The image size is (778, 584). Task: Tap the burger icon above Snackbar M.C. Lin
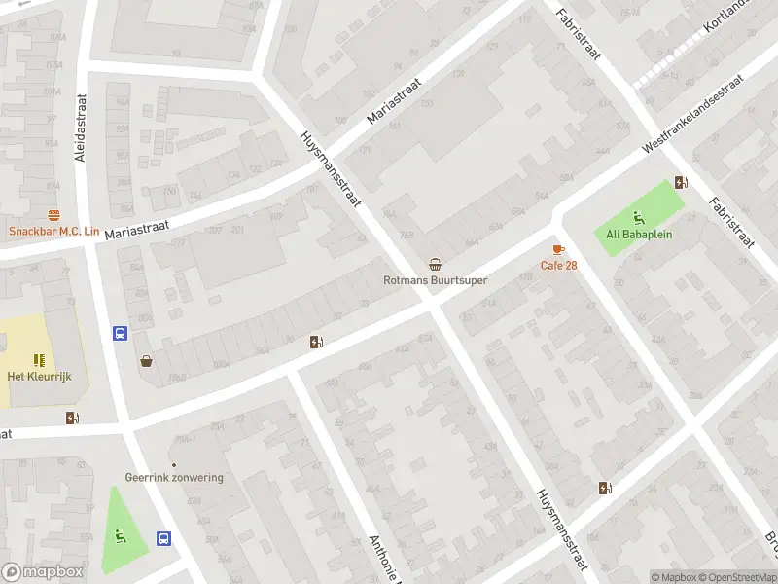pos(53,215)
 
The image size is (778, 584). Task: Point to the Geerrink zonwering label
pos(174,477)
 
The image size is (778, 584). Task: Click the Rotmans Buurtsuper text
pos(434,280)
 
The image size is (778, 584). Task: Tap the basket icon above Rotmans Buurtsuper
pos(435,264)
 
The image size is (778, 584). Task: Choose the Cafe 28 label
pos(559,266)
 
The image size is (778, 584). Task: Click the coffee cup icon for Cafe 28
pos(557,250)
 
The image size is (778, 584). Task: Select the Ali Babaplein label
pos(639,234)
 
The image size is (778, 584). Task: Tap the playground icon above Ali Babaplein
pos(639,217)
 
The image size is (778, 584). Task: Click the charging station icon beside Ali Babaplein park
pos(682,182)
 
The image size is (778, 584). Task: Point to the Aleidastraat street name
pos(81,128)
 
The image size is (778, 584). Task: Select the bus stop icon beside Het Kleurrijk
pos(120,333)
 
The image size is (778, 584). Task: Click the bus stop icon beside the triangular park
pos(164,537)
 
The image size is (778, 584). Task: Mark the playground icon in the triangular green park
pos(122,533)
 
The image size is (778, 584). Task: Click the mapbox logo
pos(43,572)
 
